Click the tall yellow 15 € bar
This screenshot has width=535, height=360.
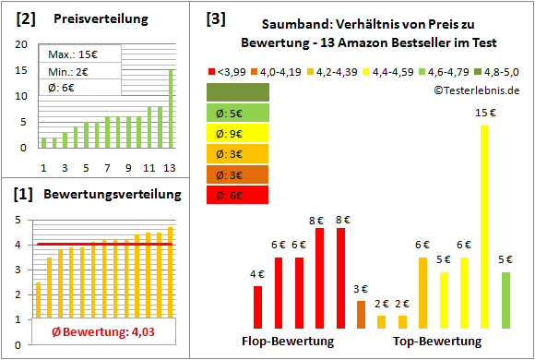484,226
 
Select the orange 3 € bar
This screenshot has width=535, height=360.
361,315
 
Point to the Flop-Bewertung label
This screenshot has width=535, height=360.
288,342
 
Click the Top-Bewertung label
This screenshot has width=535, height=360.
437,342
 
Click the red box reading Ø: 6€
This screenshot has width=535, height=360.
238,195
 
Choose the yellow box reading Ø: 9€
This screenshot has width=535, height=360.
238,134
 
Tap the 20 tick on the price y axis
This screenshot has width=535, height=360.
20,42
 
